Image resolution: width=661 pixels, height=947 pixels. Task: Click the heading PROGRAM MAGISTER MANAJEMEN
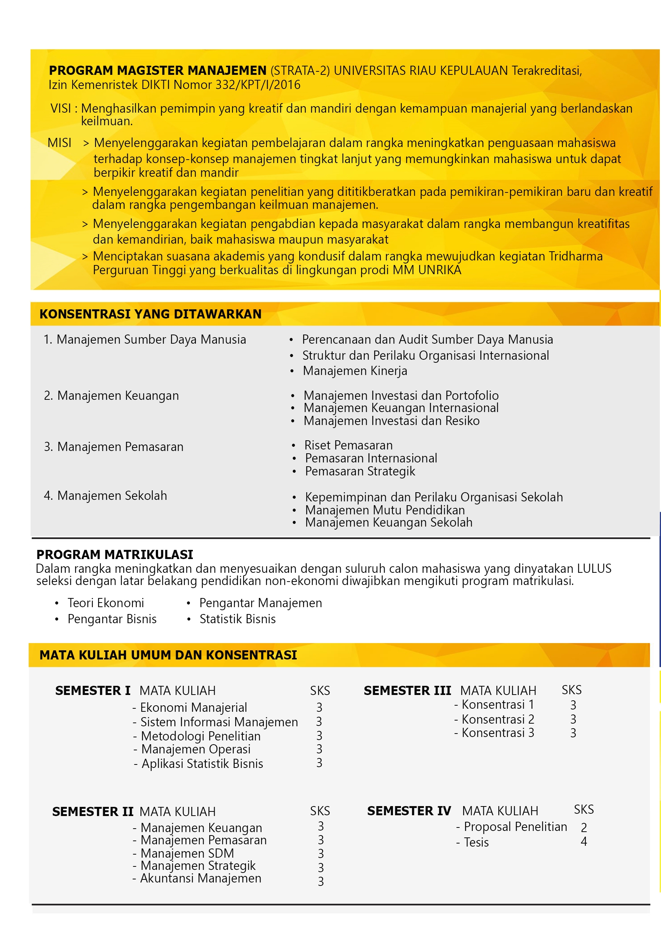click(x=158, y=71)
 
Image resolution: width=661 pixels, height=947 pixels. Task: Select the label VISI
click(x=60, y=108)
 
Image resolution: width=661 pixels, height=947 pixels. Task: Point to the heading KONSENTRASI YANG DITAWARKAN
click(x=150, y=314)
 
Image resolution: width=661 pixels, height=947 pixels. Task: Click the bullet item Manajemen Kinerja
click(x=355, y=371)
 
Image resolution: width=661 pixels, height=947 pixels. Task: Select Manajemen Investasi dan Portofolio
click(x=401, y=396)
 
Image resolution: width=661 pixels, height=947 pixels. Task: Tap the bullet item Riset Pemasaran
click(x=348, y=446)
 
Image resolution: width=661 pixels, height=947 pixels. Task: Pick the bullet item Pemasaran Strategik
click(x=360, y=471)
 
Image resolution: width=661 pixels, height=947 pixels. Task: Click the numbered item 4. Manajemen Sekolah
click(x=105, y=495)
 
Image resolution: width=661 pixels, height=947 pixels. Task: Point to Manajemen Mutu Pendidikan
click(x=385, y=510)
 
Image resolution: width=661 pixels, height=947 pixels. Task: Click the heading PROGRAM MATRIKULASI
click(x=115, y=554)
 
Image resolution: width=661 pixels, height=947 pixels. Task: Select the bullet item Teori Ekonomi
click(x=105, y=603)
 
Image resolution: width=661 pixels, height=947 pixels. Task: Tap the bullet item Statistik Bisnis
click(x=238, y=619)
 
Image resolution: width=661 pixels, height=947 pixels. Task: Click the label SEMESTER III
click(x=407, y=690)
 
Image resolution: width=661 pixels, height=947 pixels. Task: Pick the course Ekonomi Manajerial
click(x=193, y=707)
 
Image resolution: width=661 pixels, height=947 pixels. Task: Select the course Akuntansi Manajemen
click(x=200, y=878)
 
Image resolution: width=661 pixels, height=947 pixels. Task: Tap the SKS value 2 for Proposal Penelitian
click(x=583, y=827)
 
